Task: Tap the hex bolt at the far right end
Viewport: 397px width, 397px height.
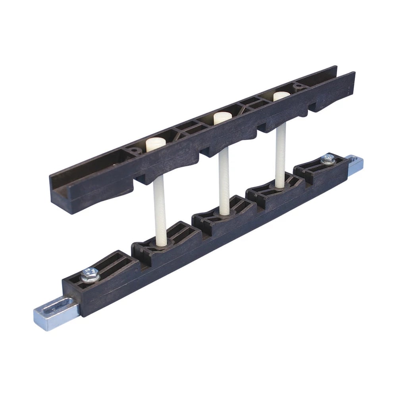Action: [x=328, y=158]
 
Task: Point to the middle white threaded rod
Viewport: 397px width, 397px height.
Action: [x=224, y=181]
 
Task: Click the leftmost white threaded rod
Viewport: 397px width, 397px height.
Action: [x=160, y=210]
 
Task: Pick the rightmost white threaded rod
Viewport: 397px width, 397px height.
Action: [x=281, y=155]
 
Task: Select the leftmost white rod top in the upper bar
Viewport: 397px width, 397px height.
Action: [x=155, y=144]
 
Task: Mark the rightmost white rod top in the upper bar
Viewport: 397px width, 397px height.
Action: [x=281, y=96]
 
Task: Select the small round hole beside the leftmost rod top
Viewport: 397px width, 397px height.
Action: [x=134, y=150]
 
